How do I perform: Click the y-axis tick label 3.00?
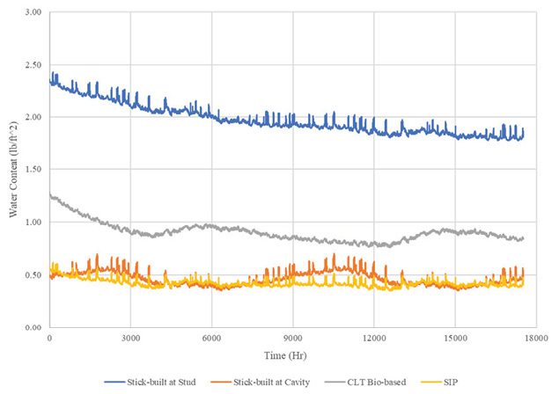33,12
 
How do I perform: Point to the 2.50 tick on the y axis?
33,65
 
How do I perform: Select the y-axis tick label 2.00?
33,117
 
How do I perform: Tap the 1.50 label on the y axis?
33,170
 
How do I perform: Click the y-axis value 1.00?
33,222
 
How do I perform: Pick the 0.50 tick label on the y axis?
33,274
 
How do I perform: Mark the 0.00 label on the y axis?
33,327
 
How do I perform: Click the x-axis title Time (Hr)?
292,354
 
